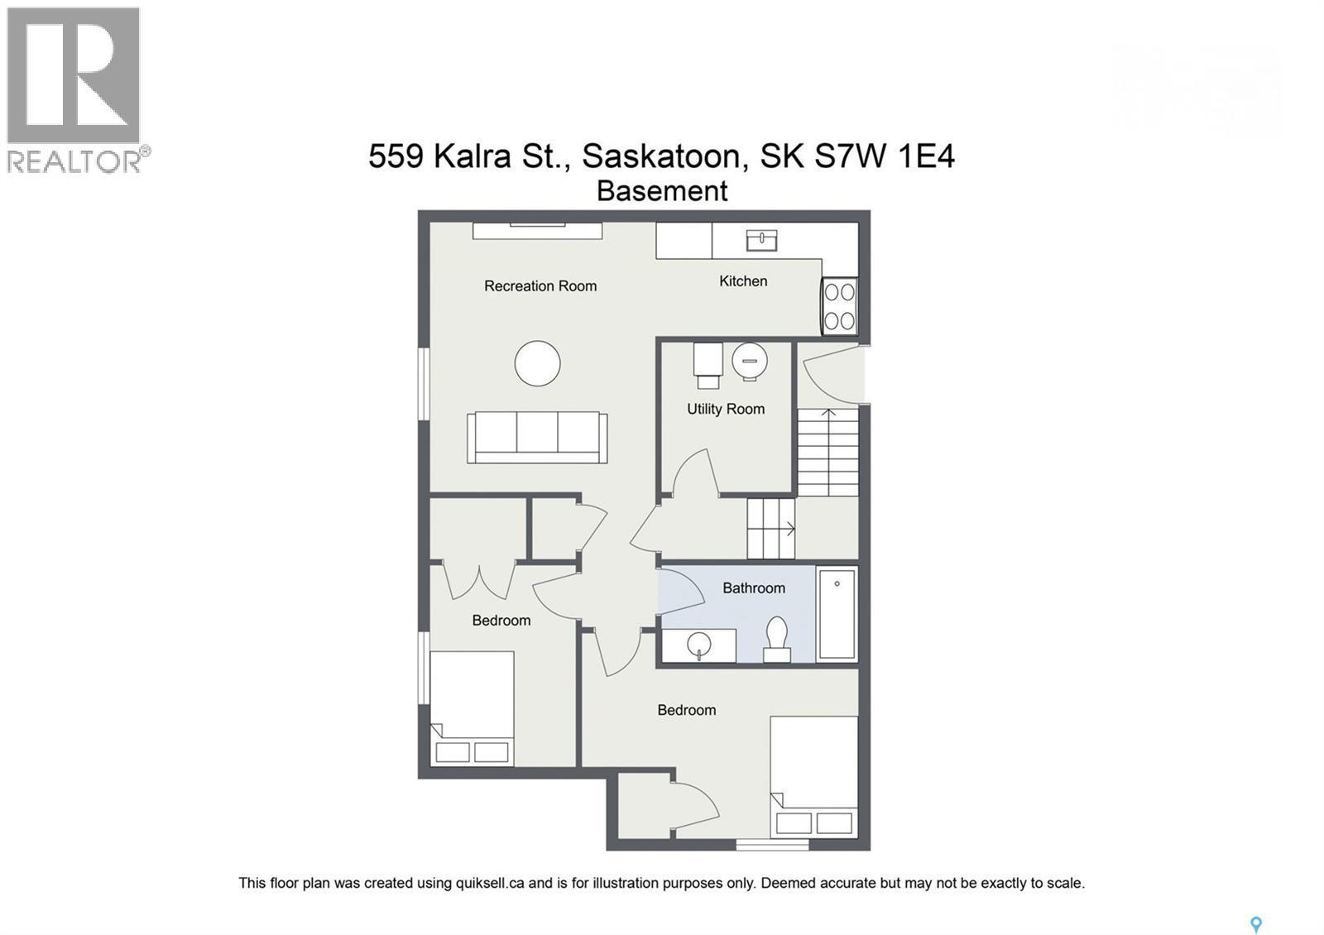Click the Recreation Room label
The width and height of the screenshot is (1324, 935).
(x=540, y=286)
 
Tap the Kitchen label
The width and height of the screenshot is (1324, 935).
(x=743, y=281)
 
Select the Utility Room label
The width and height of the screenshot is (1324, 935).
(x=725, y=409)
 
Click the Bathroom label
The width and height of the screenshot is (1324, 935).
(x=754, y=588)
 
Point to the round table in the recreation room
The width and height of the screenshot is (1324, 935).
(x=537, y=363)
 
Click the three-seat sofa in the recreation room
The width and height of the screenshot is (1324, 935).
(x=537, y=438)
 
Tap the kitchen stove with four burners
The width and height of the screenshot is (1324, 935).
(x=839, y=307)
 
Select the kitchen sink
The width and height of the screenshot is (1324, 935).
(x=761, y=240)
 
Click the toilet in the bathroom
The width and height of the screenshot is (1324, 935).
(x=777, y=639)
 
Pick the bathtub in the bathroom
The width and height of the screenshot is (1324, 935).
(x=837, y=613)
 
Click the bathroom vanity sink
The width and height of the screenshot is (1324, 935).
(x=699, y=645)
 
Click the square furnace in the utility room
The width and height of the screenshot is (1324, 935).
(x=708, y=365)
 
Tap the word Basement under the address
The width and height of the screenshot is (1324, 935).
(x=662, y=191)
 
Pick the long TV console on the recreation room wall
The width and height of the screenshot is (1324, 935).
(x=537, y=231)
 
